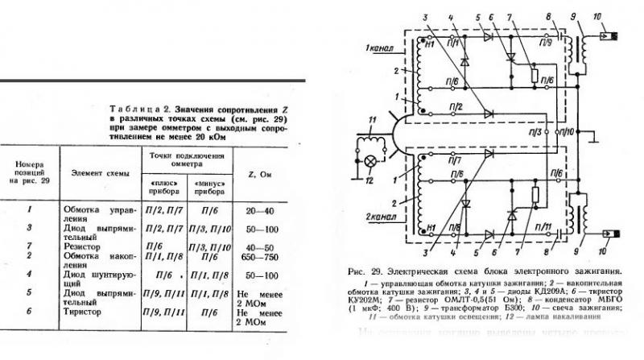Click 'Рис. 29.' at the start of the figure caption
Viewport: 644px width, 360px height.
coord(361,272)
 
